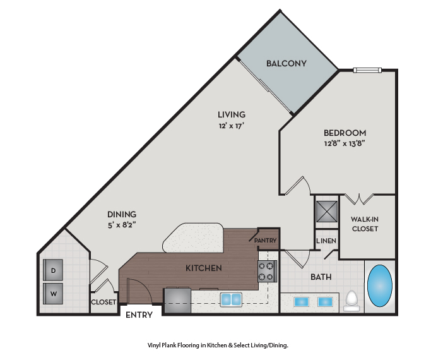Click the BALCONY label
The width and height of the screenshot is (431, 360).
(x=286, y=64)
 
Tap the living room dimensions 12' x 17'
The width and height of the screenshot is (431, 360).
(x=232, y=126)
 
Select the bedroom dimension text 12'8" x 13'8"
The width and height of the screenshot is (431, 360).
(x=345, y=143)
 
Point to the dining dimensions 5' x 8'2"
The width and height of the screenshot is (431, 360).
(x=122, y=225)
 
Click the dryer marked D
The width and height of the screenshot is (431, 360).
(x=53, y=270)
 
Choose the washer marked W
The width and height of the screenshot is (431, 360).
(x=53, y=294)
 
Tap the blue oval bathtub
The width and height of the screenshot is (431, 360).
(x=380, y=285)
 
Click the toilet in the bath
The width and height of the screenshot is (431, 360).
(x=351, y=301)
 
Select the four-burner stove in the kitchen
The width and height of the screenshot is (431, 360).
(x=267, y=271)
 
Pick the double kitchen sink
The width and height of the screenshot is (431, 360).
(x=231, y=299)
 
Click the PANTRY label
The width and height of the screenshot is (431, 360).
(x=265, y=241)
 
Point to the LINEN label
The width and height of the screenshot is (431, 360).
(x=326, y=241)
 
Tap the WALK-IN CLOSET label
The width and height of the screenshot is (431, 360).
(x=365, y=224)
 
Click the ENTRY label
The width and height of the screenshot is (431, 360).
(x=139, y=315)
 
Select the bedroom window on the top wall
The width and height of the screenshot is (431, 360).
(x=367, y=70)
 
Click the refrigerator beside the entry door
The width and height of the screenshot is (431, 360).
(x=177, y=300)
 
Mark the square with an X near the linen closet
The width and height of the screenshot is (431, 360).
(x=326, y=211)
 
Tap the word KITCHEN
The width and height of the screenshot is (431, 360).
(x=204, y=268)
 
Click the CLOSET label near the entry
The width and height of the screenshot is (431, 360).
(x=103, y=302)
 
